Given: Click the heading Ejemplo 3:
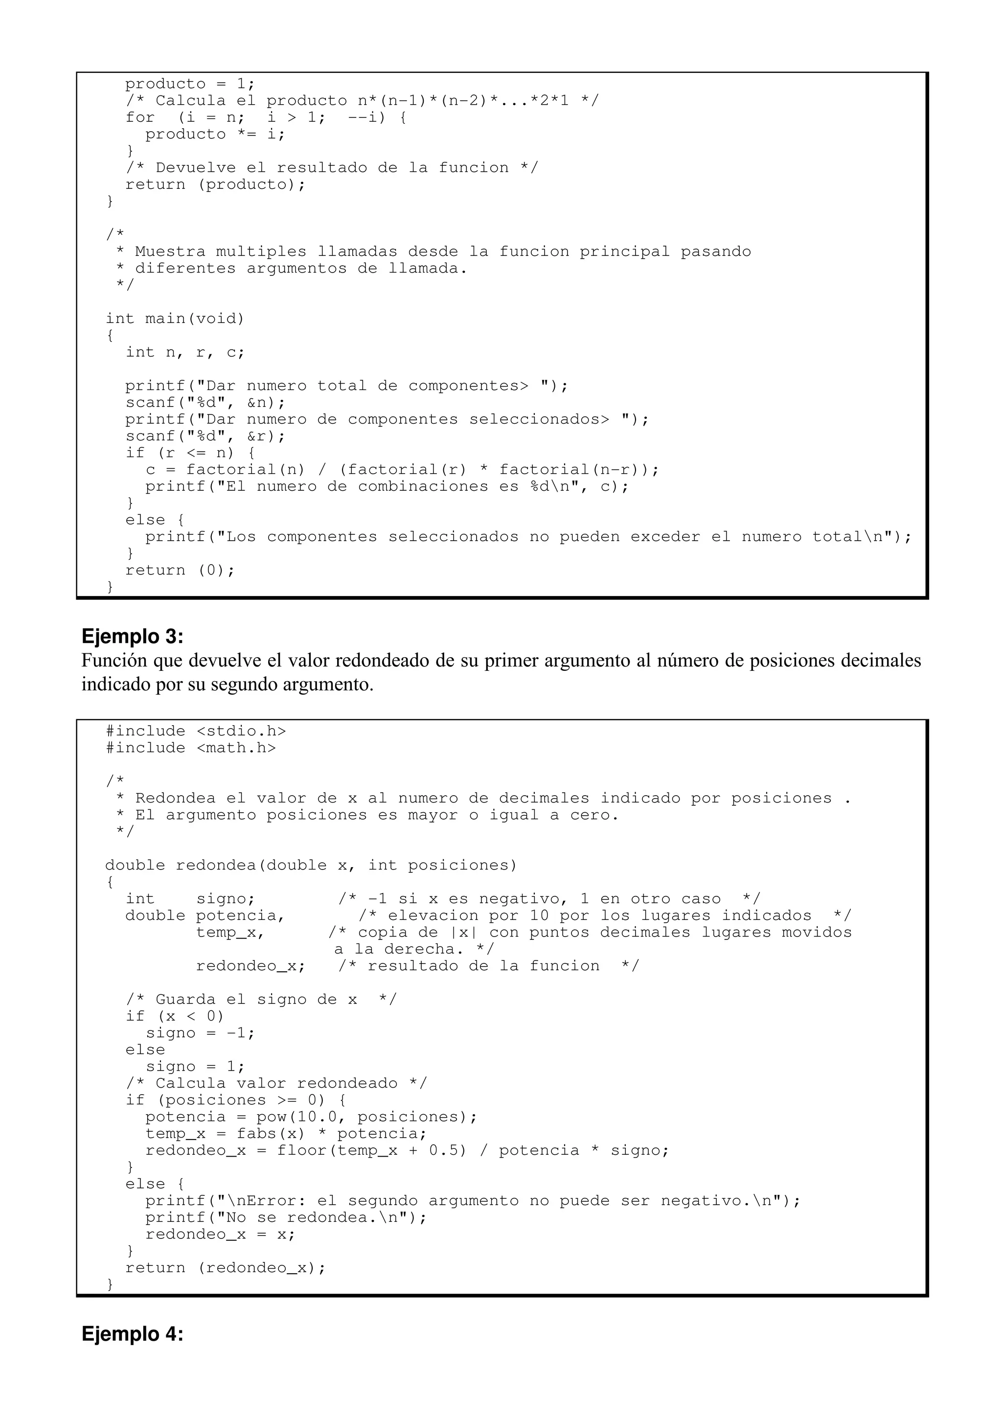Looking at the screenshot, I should (132, 636).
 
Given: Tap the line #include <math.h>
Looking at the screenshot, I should (191, 748).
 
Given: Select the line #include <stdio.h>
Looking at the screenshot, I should (196, 731).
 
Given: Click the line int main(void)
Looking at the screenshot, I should (175, 319).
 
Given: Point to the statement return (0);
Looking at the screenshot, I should (180, 570).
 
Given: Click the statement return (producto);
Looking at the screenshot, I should (215, 184).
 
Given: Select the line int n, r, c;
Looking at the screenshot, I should (185, 352).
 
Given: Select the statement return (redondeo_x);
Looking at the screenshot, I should (226, 1267).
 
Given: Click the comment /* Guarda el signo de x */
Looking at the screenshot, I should (261, 999).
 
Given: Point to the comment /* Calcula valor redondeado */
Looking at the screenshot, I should (276, 1083).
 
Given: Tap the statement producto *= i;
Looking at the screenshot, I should (215, 134).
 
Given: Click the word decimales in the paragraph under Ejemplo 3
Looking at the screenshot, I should (882, 661).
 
